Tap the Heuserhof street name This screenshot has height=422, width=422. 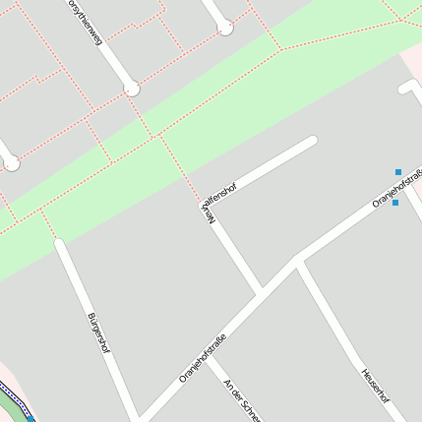pyautogui.click(x=375, y=385)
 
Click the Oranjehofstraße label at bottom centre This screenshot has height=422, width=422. pyautogui.click(x=203, y=358)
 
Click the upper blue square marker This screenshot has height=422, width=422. pyautogui.click(x=398, y=172)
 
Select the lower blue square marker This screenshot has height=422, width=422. pyautogui.click(x=395, y=203)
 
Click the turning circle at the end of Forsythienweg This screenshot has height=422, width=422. pyautogui.click(x=131, y=90)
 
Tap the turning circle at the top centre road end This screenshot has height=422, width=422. pyautogui.click(x=225, y=28)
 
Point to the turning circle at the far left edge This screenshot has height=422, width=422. pyautogui.click(x=11, y=163)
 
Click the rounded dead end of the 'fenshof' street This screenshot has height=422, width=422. pyautogui.click(x=312, y=142)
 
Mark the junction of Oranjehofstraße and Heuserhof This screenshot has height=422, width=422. pyautogui.click(x=299, y=261)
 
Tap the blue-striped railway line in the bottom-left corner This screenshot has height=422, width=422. pyautogui.click(x=14, y=402)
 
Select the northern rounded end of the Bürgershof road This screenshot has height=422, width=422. pyautogui.click(x=60, y=242)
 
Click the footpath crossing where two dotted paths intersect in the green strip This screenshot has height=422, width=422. pyautogui.click(x=157, y=137)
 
